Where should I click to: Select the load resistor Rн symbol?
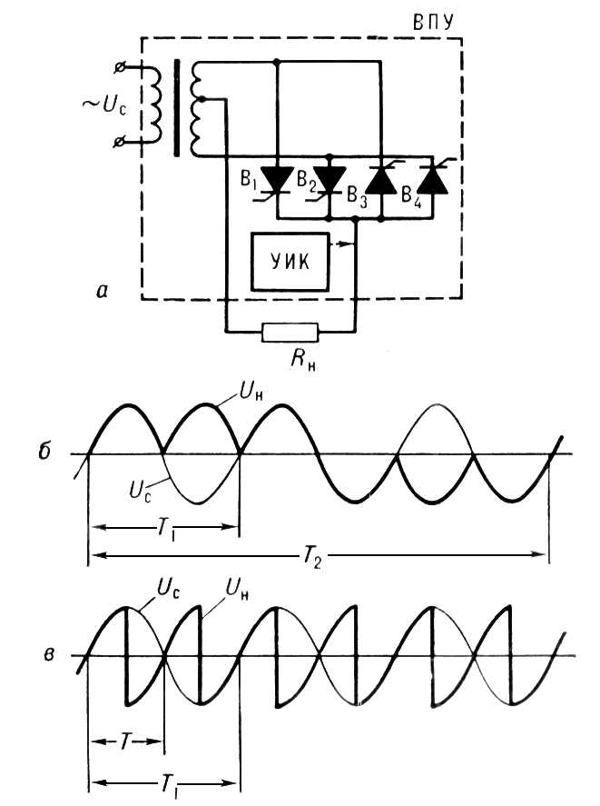coord(291,333)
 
